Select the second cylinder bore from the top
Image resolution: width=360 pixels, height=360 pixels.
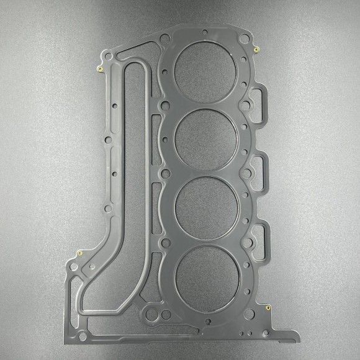click(x=205, y=138)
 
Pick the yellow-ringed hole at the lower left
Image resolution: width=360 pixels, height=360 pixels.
click(x=81, y=253)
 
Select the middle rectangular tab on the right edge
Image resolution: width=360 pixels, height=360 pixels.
click(x=259, y=168)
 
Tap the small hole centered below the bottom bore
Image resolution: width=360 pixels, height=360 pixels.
click(x=209, y=321)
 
